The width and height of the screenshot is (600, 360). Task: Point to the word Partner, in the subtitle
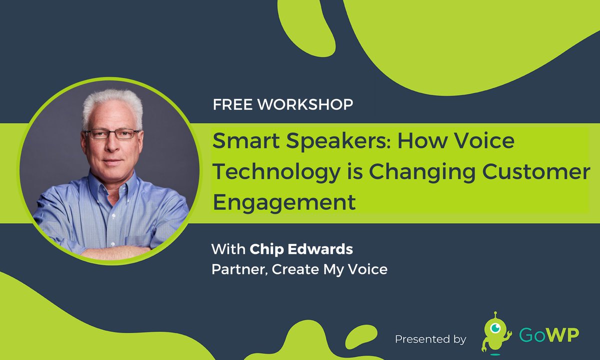pyautogui.click(x=232, y=269)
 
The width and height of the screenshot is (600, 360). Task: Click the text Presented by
pyautogui.click(x=430, y=339)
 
